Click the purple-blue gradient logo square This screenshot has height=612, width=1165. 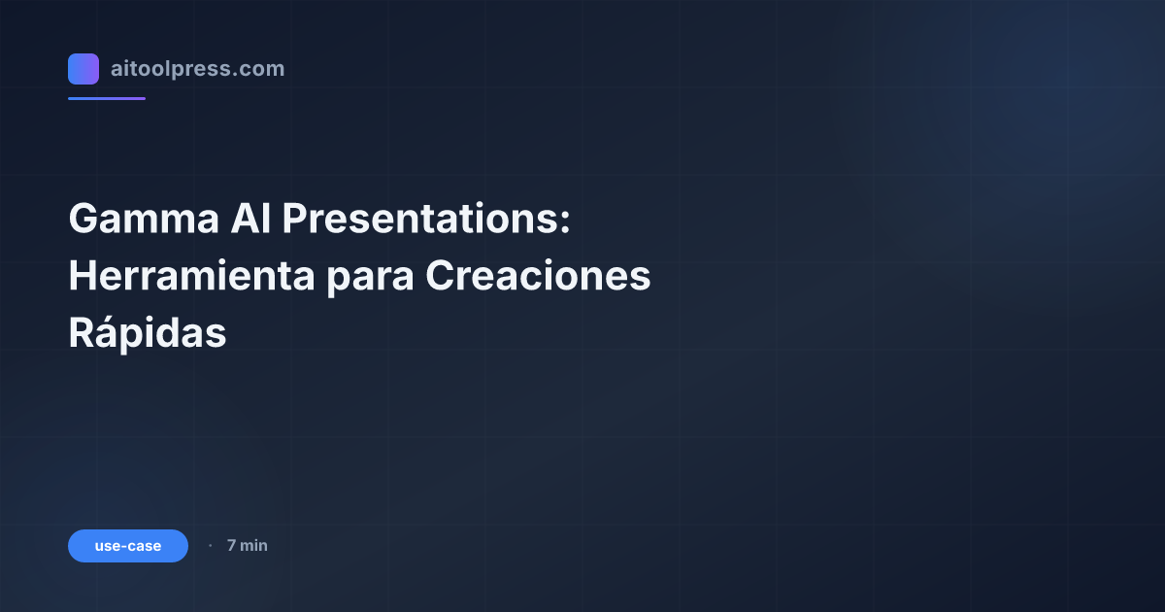point(83,69)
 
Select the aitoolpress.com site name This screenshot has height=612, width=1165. point(197,69)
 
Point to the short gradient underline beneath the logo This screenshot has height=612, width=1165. point(107,98)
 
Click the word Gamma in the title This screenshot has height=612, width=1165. point(130,220)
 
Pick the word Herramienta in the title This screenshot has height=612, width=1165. point(191,277)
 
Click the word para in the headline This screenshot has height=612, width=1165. point(369,277)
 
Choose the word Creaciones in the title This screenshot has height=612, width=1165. point(538,277)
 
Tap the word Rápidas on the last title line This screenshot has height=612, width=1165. point(148,333)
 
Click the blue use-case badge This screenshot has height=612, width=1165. point(128,546)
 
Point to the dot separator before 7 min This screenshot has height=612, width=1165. point(210,546)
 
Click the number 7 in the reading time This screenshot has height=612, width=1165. point(231,546)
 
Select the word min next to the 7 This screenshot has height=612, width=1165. point(254,546)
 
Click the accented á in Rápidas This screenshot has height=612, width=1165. point(104,333)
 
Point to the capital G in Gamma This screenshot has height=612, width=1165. point(83,220)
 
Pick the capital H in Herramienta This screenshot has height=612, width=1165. point(82,277)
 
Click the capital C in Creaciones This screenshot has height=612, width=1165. point(439,277)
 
